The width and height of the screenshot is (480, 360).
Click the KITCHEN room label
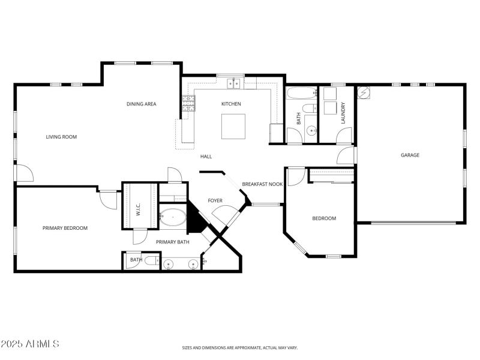[x=231, y=104]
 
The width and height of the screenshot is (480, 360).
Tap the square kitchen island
[x=233, y=126]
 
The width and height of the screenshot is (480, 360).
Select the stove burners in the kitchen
[x=189, y=104]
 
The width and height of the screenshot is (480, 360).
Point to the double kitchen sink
[x=233, y=83]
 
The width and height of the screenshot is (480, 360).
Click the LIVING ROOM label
[x=61, y=137]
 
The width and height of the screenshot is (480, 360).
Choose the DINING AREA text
[x=142, y=104]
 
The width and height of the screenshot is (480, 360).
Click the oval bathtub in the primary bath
[x=173, y=217]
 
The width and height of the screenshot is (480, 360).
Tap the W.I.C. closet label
[x=138, y=209]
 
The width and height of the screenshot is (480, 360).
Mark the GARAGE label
[x=410, y=155]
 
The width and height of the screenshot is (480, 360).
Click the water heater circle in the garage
[x=364, y=93]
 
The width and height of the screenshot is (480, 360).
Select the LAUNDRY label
[x=343, y=115]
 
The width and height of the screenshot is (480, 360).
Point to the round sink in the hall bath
[x=311, y=130]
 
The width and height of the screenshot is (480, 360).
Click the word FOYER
[x=215, y=200]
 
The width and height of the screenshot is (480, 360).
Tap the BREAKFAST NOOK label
[x=262, y=184]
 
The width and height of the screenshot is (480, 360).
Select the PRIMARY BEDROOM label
[x=65, y=228]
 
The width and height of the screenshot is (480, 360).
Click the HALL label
[x=206, y=156]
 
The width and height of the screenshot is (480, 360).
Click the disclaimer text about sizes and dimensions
[x=240, y=347]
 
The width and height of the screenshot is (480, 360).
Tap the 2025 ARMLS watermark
[x=30, y=344]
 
